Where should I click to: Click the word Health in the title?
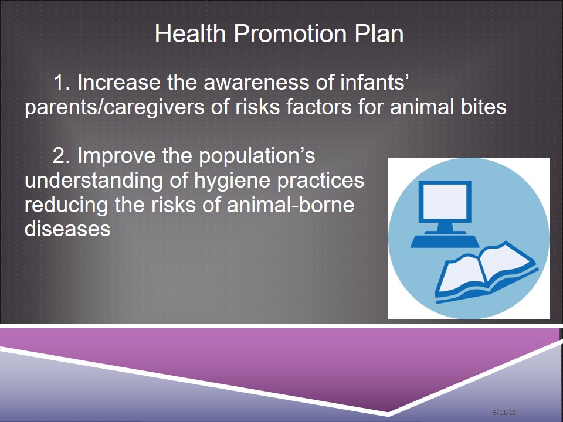pos(190,33)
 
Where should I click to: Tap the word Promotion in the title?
pos(290,33)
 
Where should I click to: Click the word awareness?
pos(256,83)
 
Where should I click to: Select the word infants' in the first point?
pos(373,82)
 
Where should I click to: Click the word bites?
pos(484,107)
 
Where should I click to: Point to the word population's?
pos(257,156)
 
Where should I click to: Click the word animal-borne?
pos(291,205)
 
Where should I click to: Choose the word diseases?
pos(67,229)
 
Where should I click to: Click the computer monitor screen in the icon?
pos(445,202)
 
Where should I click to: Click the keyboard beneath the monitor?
pos(445,241)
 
